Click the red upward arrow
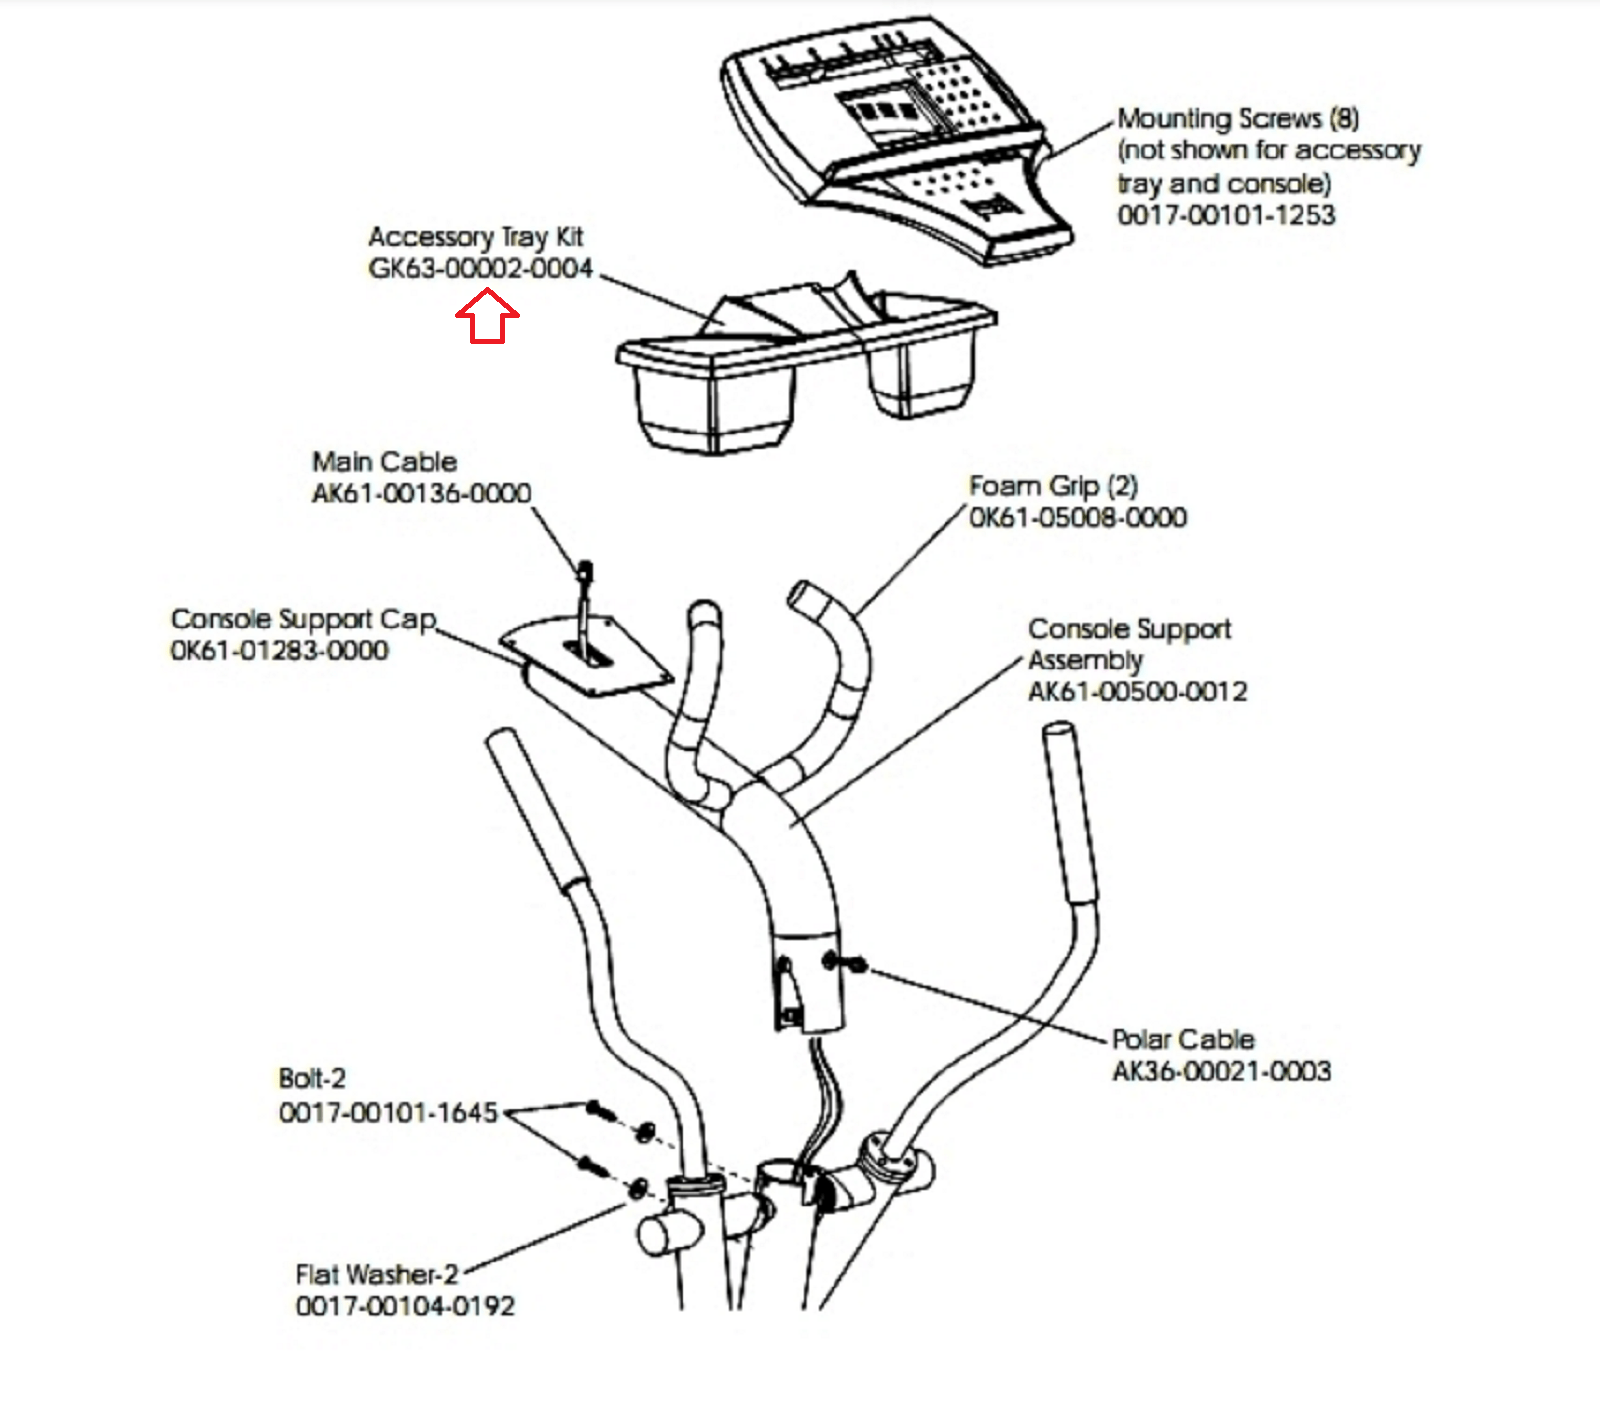pyautogui.click(x=487, y=317)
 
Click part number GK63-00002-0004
pyautogui.click(x=480, y=269)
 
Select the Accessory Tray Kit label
pyautogui.click(x=475, y=237)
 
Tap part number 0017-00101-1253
pyautogui.click(x=1226, y=215)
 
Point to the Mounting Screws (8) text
pyautogui.click(x=1238, y=119)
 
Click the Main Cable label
pyautogui.click(x=384, y=462)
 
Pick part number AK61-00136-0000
pyautogui.click(x=421, y=493)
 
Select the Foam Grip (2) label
pyautogui.click(x=1053, y=486)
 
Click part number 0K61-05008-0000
pyautogui.click(x=1078, y=518)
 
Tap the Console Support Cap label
pyautogui.click(x=303, y=619)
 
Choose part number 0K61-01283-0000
pyautogui.click(x=279, y=651)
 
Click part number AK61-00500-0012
pyautogui.click(x=1137, y=692)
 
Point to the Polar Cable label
pyautogui.click(x=1183, y=1039)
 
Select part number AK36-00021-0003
pyautogui.click(x=1221, y=1071)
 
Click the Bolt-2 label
pyautogui.click(x=312, y=1079)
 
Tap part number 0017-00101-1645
pyautogui.click(x=388, y=1112)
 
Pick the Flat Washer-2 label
pyautogui.click(x=376, y=1275)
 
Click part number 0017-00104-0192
pyautogui.click(x=405, y=1306)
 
